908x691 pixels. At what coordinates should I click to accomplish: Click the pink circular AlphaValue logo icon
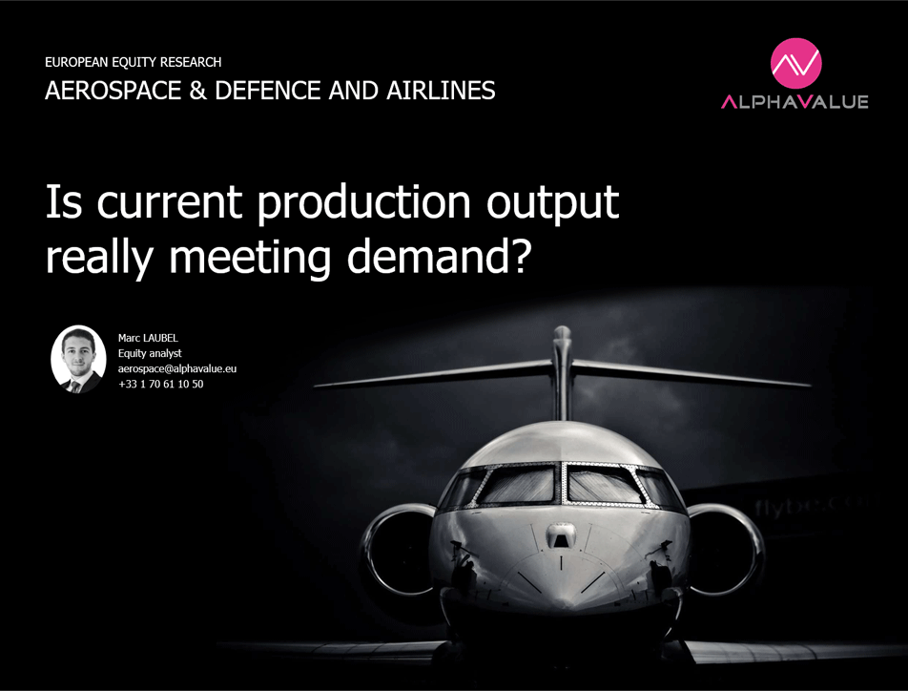795,63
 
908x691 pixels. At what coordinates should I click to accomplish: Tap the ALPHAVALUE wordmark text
794,102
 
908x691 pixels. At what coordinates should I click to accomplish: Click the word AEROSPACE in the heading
113,91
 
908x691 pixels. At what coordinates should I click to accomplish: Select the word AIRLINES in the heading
441,91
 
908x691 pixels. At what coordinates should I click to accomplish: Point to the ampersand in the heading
197,91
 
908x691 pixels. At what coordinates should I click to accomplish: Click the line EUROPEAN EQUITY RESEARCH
134,62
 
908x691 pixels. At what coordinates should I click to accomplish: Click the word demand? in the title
439,257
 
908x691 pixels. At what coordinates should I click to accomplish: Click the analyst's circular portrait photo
78,359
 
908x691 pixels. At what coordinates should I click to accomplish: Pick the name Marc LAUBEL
148,338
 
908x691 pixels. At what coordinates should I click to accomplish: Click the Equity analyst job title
150,353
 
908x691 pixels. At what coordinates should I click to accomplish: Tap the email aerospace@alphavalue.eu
177,368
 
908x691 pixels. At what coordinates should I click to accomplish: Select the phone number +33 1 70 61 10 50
161,384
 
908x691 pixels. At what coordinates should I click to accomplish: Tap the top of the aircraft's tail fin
562,333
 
